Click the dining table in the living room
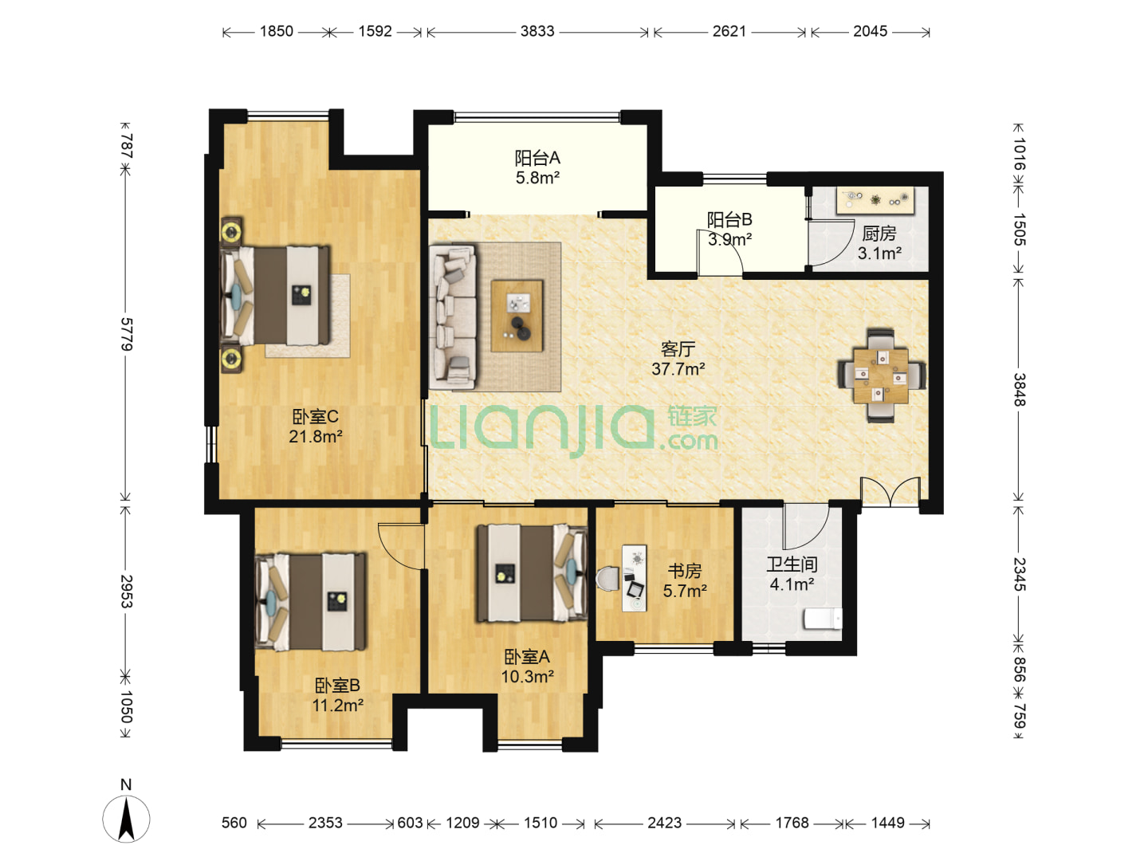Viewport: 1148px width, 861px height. point(881,375)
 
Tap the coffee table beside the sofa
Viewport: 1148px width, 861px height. point(517,316)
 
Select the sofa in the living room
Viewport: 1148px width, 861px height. point(453,317)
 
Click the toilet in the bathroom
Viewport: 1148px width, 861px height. point(823,619)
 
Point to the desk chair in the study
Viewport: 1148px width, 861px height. point(607,579)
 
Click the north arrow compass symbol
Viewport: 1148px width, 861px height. point(126,819)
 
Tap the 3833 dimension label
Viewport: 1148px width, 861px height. point(537,31)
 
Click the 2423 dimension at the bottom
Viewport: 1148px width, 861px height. point(664,823)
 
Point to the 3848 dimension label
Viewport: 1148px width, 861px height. point(1020,390)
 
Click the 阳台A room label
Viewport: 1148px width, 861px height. point(537,157)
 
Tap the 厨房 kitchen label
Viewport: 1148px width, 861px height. point(879,233)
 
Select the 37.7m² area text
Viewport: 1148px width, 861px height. point(678,369)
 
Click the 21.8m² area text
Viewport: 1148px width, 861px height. point(316,436)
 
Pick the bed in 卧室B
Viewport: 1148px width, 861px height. point(310,602)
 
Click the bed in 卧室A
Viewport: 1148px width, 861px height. point(532,573)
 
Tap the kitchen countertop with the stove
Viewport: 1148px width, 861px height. point(875,200)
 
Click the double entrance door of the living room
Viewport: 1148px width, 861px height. point(890,492)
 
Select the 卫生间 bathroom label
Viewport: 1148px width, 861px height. point(792,564)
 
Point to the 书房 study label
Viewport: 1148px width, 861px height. point(685,570)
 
